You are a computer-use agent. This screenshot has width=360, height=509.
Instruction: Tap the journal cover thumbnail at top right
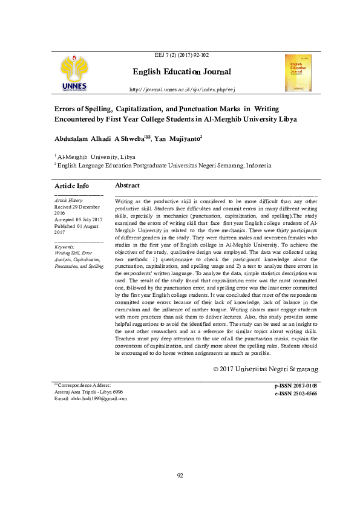pos(298,73)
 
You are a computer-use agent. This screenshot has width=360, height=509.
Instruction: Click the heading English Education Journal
pos(182,72)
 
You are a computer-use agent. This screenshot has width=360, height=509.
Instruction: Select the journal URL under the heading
pos(182,89)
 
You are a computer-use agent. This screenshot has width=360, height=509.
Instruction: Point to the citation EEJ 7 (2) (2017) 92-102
pos(182,54)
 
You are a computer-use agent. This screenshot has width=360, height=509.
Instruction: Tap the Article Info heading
pos(71,186)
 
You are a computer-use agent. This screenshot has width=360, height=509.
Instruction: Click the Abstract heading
pos(127,186)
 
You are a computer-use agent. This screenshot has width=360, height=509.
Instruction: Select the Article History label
pos(68,199)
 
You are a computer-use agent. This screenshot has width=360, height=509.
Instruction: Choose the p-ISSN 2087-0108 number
pos(295,386)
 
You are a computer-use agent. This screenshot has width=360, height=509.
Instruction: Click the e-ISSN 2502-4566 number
pos(295,393)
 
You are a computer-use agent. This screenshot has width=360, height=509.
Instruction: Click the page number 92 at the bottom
pos(180,475)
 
